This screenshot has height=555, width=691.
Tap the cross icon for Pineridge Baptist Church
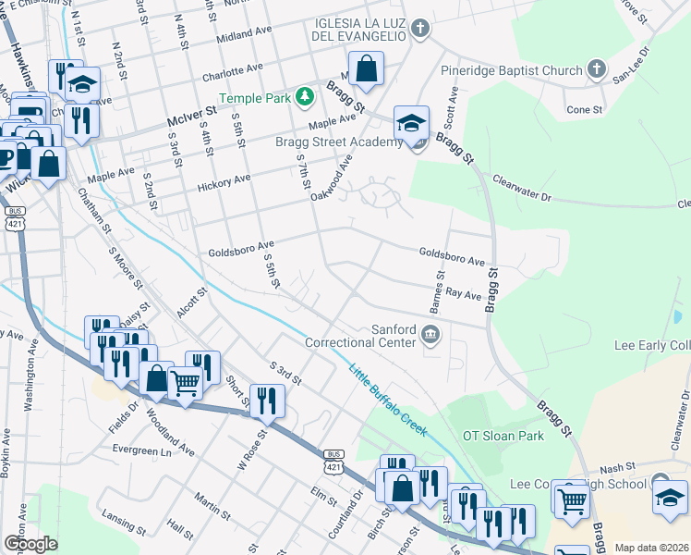597,69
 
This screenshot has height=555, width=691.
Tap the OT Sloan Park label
500,435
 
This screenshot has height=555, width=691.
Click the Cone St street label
584,109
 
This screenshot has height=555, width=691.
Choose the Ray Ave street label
464,293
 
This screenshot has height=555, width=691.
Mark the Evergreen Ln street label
142,450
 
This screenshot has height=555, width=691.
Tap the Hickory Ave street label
224,181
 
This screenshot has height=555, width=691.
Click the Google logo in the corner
30,544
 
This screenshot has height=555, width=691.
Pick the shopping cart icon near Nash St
573,500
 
